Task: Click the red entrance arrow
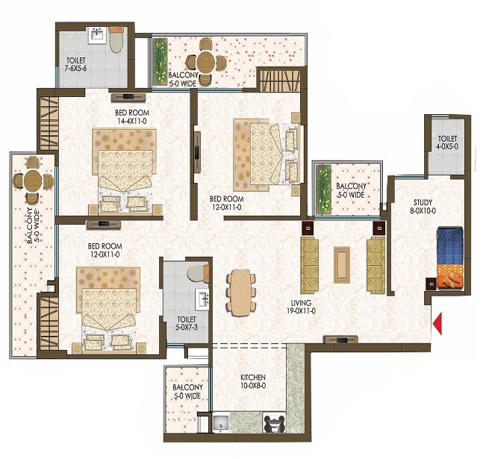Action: pos(438,323)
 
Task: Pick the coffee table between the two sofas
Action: pos(341,263)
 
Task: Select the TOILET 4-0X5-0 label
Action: pos(447,143)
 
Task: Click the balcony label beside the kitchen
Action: pos(187,392)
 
